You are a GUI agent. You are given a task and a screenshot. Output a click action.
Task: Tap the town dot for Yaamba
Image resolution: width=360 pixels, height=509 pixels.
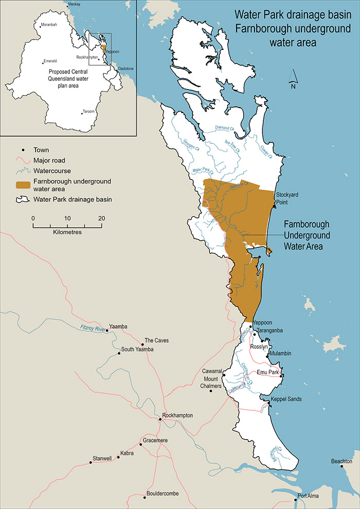[x=107, y=331]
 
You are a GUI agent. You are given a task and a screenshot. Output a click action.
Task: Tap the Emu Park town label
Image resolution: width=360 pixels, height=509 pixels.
[x=267, y=371]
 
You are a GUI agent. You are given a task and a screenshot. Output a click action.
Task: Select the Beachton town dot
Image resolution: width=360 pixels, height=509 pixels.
[x=342, y=467]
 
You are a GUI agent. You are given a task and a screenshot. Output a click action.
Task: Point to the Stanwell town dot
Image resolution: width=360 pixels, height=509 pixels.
[x=91, y=463]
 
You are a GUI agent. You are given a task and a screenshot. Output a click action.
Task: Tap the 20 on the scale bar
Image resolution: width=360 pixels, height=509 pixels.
[x=101, y=218]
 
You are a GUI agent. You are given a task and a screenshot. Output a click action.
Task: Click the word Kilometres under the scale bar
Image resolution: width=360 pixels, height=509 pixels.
[x=67, y=232]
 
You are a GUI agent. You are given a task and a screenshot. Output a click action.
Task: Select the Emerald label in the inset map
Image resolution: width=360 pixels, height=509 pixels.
[x=50, y=60]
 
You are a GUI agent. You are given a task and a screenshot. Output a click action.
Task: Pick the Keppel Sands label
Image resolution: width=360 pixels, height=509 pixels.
[x=286, y=398]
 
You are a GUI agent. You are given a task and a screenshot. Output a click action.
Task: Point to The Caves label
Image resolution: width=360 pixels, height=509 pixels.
[x=156, y=340]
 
